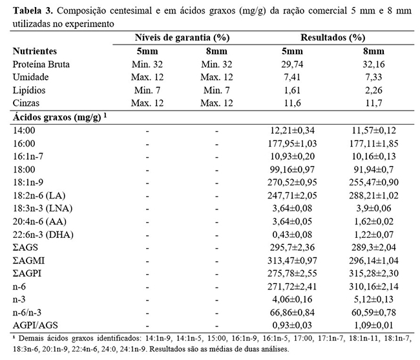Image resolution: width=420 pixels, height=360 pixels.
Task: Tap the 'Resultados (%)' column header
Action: click(330, 38)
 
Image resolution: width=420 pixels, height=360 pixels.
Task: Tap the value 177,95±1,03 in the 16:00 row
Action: click(291, 143)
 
